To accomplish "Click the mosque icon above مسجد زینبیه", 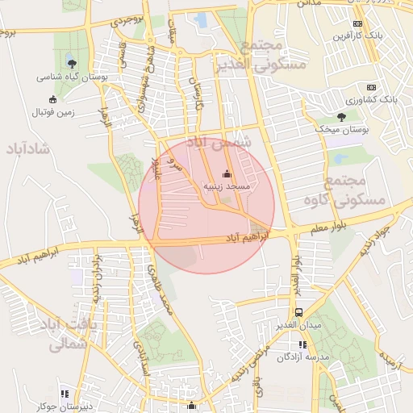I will click(227, 173).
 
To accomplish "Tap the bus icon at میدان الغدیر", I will click(299, 313).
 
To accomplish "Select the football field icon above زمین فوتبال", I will click(52, 99).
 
